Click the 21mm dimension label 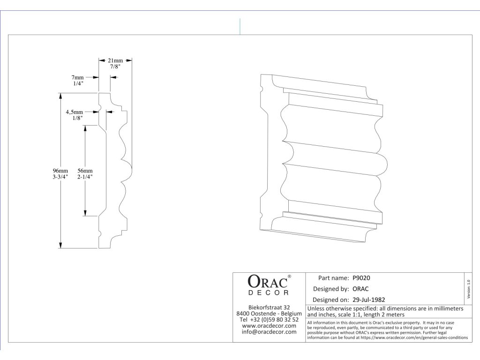115,61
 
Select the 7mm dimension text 77,77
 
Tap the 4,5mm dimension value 74,112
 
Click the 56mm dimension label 85,171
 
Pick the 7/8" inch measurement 115,67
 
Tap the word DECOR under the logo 269,292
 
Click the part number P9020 361,278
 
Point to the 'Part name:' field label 333,278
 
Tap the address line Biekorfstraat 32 269,307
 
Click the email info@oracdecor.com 269,332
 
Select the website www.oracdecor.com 269,326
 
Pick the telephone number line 269,320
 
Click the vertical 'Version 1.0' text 468,287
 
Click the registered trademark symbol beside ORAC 289,277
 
